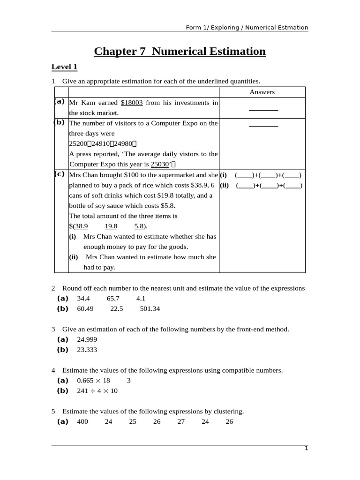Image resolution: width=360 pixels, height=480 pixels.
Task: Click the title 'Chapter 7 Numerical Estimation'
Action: pos(180,51)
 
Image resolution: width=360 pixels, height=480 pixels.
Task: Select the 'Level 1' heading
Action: pos(64,67)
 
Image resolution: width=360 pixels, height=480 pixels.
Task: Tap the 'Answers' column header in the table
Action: pos(262,92)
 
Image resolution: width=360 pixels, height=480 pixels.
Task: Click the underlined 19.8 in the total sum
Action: pos(111,226)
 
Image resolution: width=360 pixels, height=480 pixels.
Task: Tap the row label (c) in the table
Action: pos(60,174)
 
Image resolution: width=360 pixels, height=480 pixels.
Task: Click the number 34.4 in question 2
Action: pos(83,298)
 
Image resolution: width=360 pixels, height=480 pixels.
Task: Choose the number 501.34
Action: pos(150,308)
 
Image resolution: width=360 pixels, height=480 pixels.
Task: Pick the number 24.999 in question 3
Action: pos(87,339)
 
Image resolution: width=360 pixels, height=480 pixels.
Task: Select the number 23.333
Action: pos(87,350)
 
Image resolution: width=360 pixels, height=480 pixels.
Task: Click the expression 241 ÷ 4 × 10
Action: pos(97,390)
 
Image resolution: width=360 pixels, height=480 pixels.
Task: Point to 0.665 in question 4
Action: pos(85,380)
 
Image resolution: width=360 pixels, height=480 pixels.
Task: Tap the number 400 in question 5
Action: pos(82,421)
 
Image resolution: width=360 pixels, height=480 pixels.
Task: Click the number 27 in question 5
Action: pos(181,421)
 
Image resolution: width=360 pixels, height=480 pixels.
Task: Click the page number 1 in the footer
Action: pos(306,449)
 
